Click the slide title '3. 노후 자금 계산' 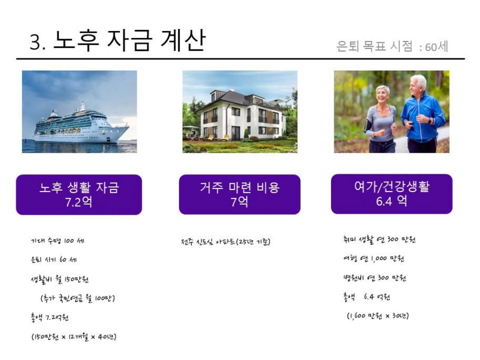pyautogui.click(x=117, y=41)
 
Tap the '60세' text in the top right pyautogui.click(x=436, y=47)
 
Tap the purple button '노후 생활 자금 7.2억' pyautogui.click(x=79, y=195)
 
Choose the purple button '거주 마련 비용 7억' pyautogui.click(x=239, y=194)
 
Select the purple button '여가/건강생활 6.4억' pyautogui.click(x=392, y=194)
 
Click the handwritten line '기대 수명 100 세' pyautogui.click(x=57, y=241)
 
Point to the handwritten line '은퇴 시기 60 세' pyautogui.click(x=54, y=259)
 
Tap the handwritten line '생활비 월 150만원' pyautogui.click(x=59, y=279)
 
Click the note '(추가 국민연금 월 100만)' pyautogui.click(x=78, y=298)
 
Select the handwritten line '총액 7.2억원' pyautogui.click(x=49, y=317)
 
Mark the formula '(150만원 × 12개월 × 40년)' pyautogui.click(x=74, y=337)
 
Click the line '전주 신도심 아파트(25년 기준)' pyautogui.click(x=226, y=242)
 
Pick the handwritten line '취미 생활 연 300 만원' pyautogui.click(x=379, y=239)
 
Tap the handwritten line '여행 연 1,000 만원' pyautogui.click(x=374, y=258)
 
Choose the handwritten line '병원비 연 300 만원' pyautogui.click(x=374, y=278)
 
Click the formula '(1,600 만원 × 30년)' pyautogui.click(x=378, y=316)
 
